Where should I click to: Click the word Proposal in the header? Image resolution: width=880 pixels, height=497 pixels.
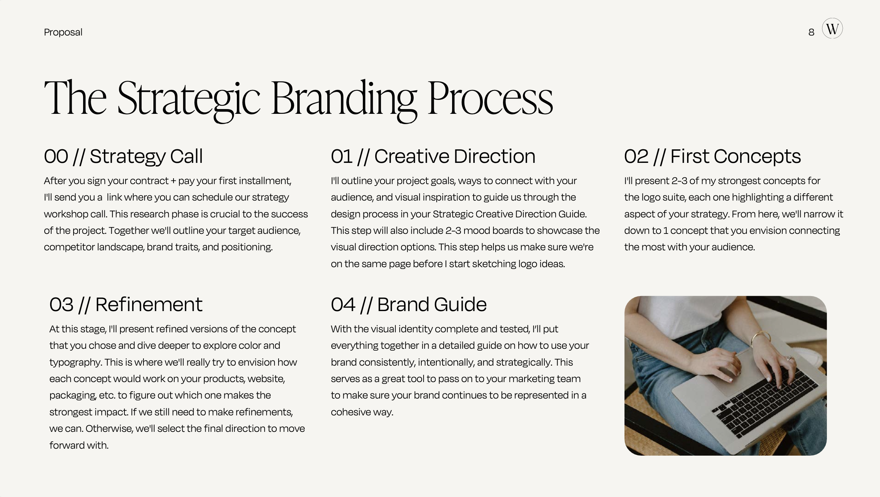click(63, 32)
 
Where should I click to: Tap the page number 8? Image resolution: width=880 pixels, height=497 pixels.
click(811, 33)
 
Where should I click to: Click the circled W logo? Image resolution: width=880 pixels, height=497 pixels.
click(832, 29)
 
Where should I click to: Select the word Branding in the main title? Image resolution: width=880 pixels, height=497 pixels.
click(344, 99)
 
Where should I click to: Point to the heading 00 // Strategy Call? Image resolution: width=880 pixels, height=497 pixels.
click(123, 156)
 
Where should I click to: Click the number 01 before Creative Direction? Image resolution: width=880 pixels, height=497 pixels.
click(341, 156)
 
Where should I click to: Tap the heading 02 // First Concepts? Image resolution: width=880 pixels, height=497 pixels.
click(712, 156)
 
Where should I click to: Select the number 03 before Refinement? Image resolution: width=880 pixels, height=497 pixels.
click(61, 304)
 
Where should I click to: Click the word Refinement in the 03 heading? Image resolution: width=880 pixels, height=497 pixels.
click(149, 304)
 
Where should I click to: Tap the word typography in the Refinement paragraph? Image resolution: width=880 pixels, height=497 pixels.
click(75, 362)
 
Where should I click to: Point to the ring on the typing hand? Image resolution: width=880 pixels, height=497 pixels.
click(789, 358)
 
